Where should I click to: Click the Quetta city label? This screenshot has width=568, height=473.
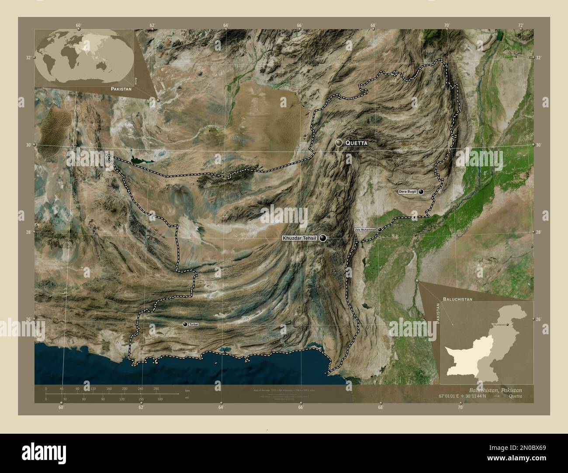click(x=357, y=143)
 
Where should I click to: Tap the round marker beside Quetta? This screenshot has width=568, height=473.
click(x=339, y=143)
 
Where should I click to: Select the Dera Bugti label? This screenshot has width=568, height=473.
click(x=407, y=192)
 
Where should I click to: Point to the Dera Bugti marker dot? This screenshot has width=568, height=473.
click(x=421, y=192)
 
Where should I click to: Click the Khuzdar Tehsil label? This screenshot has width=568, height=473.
click(x=300, y=238)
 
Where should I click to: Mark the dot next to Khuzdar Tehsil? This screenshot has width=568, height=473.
click(x=323, y=238)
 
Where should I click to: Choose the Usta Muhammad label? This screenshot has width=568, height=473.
click(x=365, y=230)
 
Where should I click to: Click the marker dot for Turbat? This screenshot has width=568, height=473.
click(x=185, y=324)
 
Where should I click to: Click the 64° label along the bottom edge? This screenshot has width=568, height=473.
click(x=221, y=407)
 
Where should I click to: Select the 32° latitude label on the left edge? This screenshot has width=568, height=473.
click(x=28, y=58)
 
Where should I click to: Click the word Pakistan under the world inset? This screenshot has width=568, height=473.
click(x=121, y=89)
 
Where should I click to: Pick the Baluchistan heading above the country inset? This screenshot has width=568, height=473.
click(x=458, y=300)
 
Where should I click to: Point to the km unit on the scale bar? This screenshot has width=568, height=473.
click(x=187, y=390)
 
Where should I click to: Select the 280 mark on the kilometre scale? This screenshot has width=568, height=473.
click(x=156, y=388)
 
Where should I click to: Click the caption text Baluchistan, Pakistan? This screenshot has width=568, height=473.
click(x=495, y=389)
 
